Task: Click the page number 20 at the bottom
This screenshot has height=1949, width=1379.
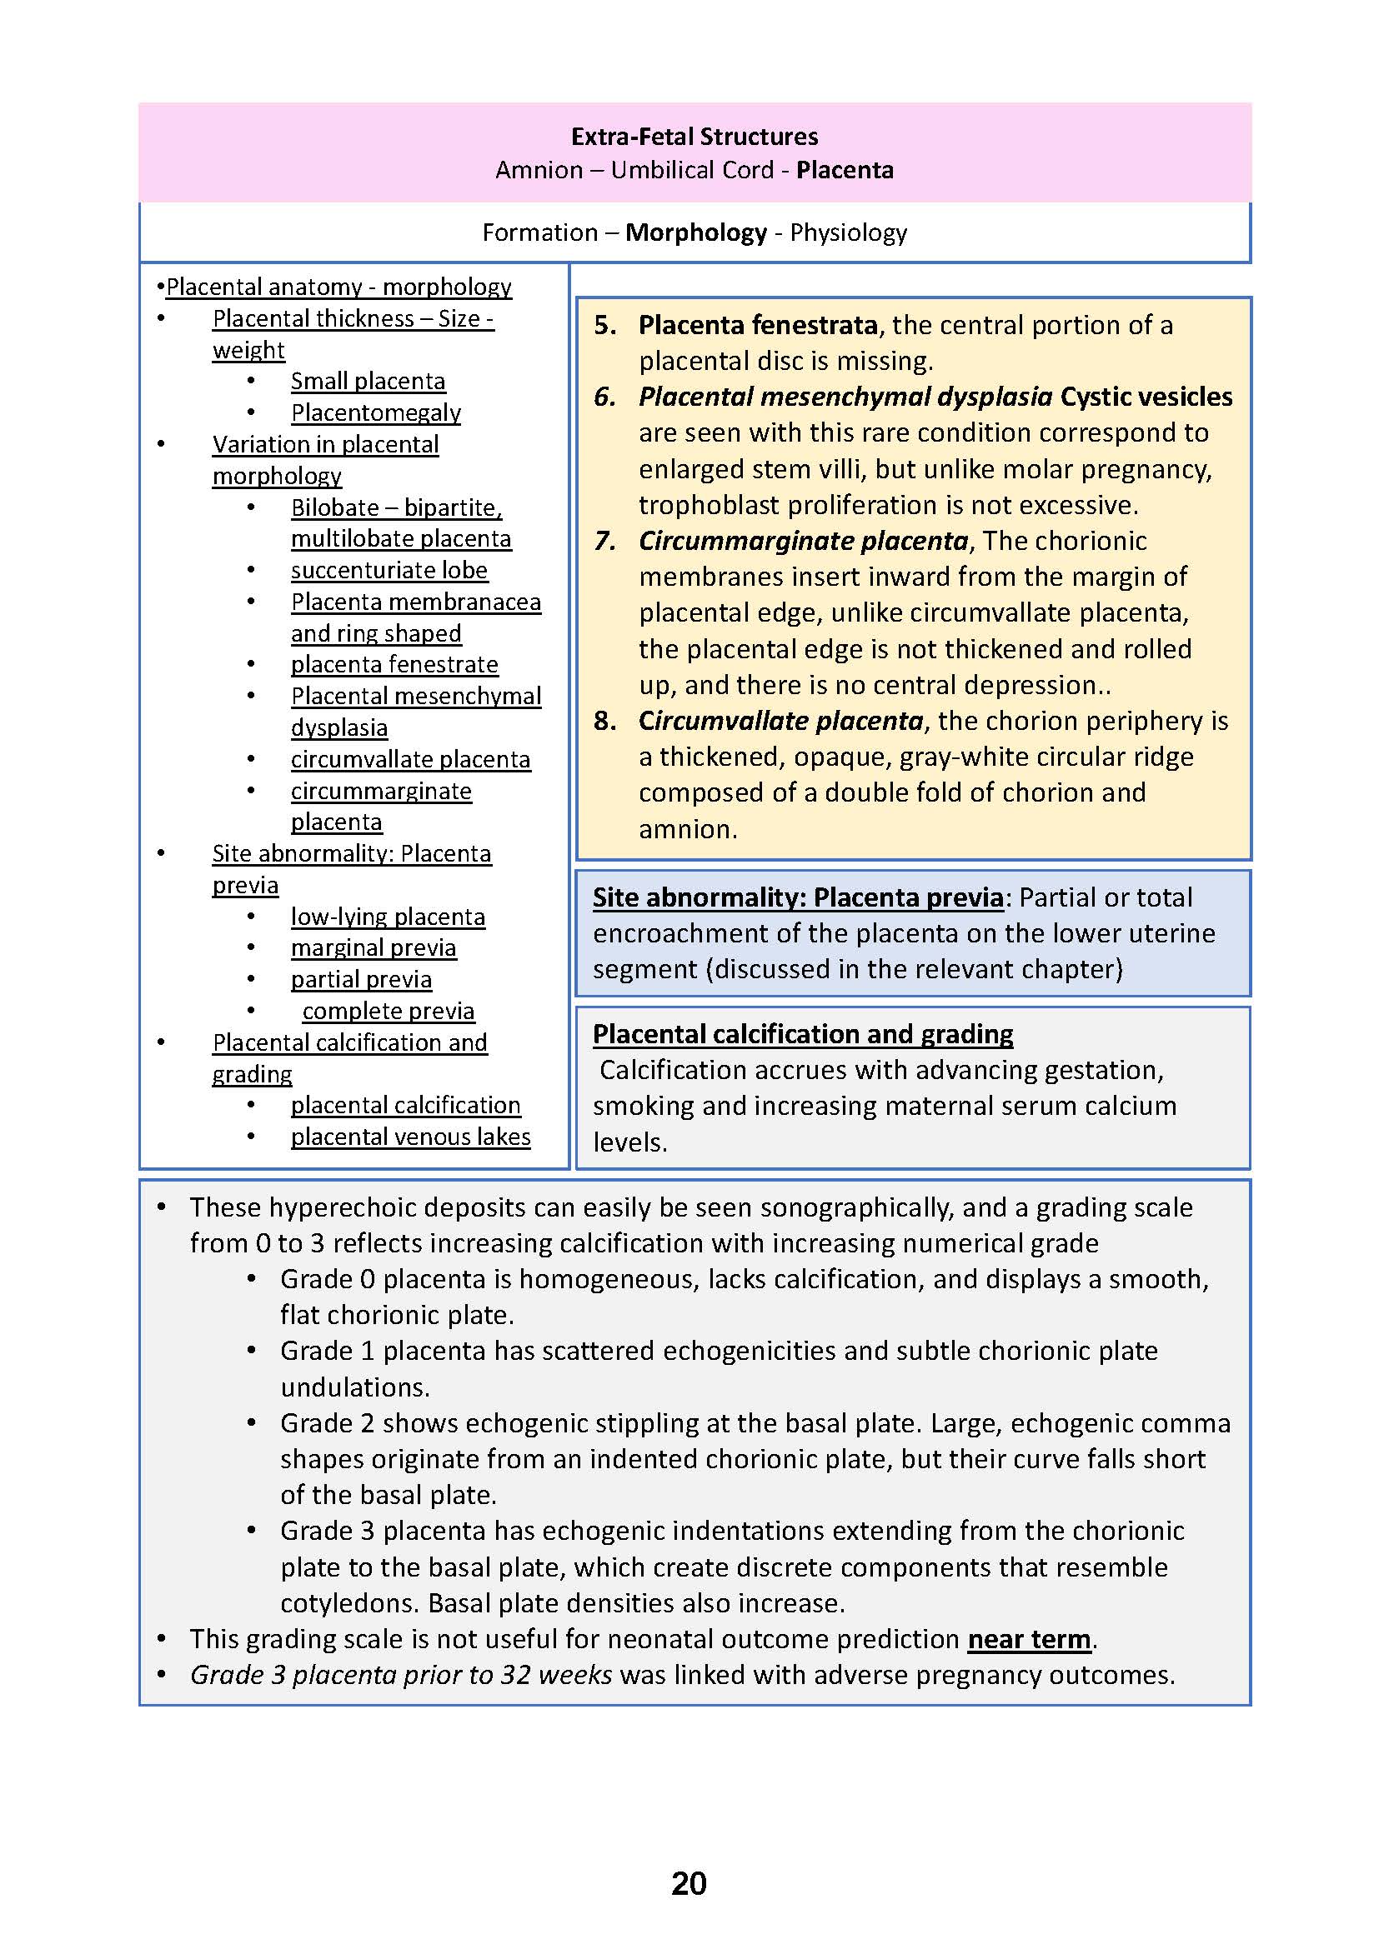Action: point(689,1883)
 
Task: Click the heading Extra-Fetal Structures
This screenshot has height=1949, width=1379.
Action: point(694,137)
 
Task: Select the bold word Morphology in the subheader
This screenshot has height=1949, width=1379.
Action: point(695,232)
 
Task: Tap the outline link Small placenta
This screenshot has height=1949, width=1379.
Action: point(368,381)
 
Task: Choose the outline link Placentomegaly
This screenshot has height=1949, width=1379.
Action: point(375,412)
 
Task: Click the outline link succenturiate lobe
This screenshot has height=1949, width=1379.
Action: point(389,571)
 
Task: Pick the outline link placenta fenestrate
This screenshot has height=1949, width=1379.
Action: point(394,665)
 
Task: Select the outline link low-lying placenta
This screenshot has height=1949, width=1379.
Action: point(388,917)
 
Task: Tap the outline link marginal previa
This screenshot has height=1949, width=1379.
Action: point(374,948)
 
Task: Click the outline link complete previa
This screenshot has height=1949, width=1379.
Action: point(388,1011)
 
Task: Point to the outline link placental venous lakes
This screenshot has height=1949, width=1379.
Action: point(410,1137)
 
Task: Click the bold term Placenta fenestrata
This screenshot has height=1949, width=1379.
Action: point(757,325)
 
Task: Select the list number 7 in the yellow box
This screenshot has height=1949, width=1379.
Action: point(604,541)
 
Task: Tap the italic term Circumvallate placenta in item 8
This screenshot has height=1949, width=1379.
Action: point(780,721)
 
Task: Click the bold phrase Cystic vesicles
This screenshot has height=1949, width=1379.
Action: point(1146,397)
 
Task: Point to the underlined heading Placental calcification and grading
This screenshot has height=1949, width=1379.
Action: point(802,1034)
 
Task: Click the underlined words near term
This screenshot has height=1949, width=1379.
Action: point(1028,1639)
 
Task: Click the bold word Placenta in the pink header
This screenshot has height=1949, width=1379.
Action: point(844,170)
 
